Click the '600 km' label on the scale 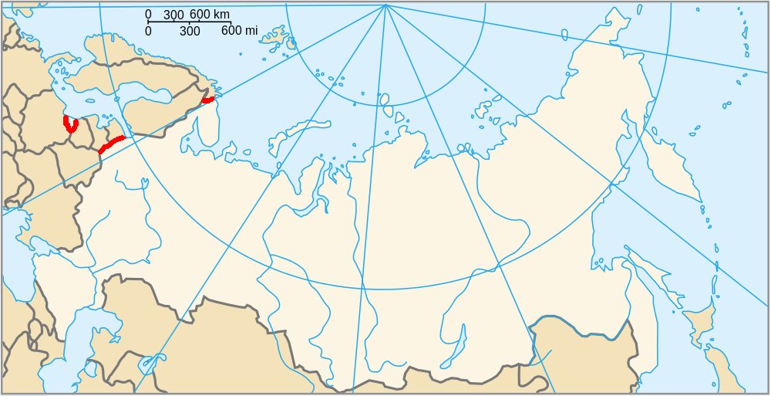[x=210, y=15]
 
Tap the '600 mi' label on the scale [x=239, y=31]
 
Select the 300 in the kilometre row [x=173, y=15]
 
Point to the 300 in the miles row [x=190, y=31]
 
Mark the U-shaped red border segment [x=70, y=125]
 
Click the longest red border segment [x=112, y=144]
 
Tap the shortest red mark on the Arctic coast [x=207, y=99]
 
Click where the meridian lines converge [x=385, y=5]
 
